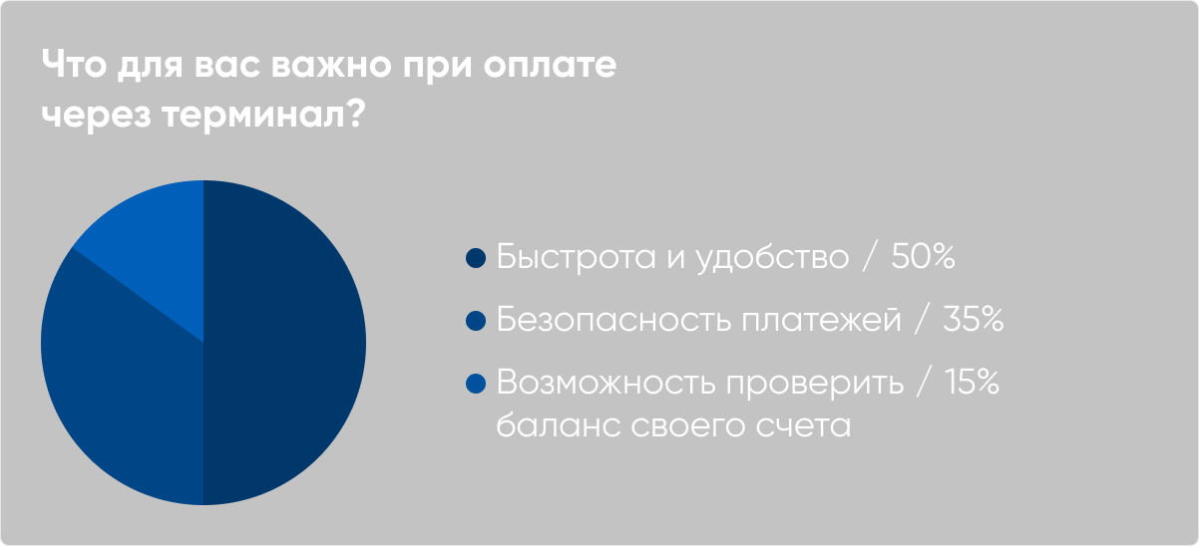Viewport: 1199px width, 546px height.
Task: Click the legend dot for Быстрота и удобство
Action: [476, 259]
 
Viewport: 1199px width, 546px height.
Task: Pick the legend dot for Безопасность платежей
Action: [476, 321]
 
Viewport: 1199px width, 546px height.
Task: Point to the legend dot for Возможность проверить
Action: [476, 383]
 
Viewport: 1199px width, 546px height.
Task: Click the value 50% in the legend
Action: [923, 257]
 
